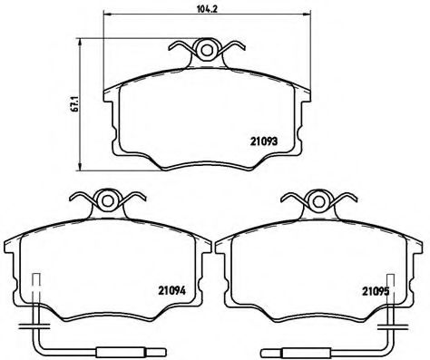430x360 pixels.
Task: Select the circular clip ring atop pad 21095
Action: tap(318, 202)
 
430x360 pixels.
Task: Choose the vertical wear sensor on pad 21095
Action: tap(389, 295)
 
